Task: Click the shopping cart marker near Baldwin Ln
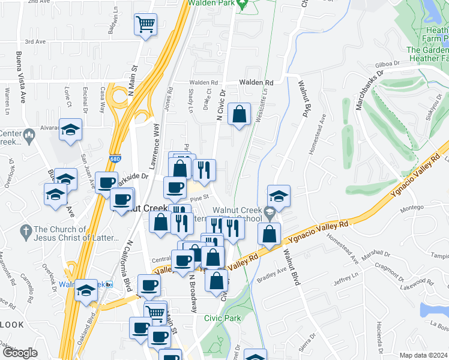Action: [x=145, y=25]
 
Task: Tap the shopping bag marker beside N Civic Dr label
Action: [x=239, y=114]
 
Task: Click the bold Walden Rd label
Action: [x=256, y=82]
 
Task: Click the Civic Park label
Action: [x=217, y=318]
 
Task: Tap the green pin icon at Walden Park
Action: [x=243, y=5]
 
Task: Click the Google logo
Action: [x=19, y=352]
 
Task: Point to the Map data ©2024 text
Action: [x=424, y=355]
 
